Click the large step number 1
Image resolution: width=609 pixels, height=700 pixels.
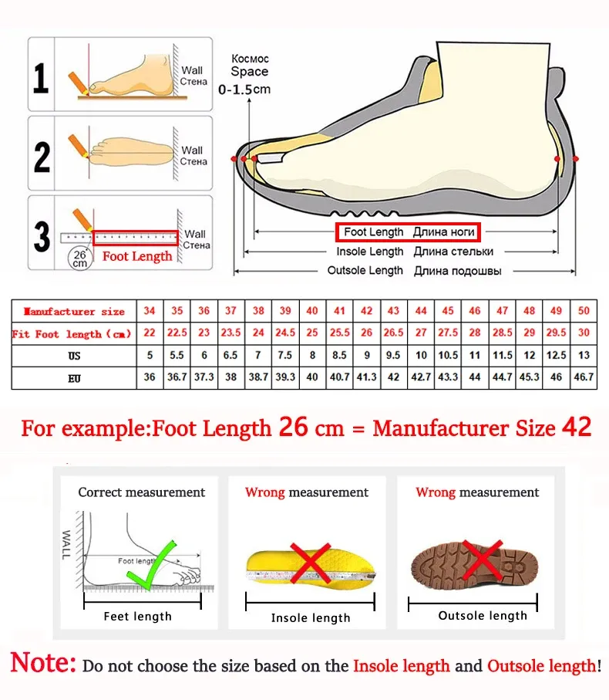pyautogui.click(x=41, y=77)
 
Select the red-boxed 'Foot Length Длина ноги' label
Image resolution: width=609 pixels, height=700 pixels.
pyautogui.click(x=407, y=232)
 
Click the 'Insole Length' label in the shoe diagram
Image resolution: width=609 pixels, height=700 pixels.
pyautogui.click(x=370, y=252)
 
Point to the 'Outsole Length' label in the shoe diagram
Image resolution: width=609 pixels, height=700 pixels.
pyautogui.click(x=365, y=270)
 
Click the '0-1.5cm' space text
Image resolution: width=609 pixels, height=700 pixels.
pyautogui.click(x=245, y=90)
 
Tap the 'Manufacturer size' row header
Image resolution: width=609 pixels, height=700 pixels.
pyautogui.click(x=74, y=312)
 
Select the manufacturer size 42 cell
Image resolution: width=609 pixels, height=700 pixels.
pyautogui.click(x=367, y=311)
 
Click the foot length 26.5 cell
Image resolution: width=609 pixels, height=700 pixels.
pyautogui.click(x=393, y=333)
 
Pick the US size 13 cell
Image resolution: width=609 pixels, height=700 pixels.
pyautogui.click(x=584, y=356)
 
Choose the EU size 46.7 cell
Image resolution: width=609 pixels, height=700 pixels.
pyautogui.click(x=584, y=377)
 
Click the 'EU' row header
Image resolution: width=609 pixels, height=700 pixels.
pyautogui.click(x=74, y=378)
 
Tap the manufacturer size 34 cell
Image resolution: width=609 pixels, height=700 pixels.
pyautogui.click(x=150, y=311)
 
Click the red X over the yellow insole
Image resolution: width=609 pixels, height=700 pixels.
pyautogui.click(x=310, y=563)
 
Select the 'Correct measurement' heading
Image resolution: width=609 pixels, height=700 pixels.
pyautogui.click(x=142, y=492)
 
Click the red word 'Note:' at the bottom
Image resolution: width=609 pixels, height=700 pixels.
pyautogui.click(x=44, y=663)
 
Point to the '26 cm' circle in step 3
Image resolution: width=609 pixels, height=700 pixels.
pyautogui.click(x=79, y=258)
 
